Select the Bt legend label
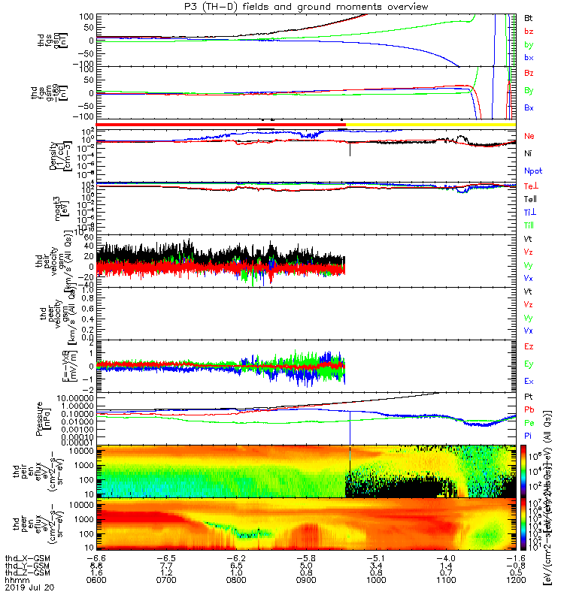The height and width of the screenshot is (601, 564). pyautogui.click(x=529, y=16)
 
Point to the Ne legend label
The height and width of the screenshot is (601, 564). pyautogui.click(x=529, y=136)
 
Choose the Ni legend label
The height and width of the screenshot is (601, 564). pyautogui.click(x=529, y=153)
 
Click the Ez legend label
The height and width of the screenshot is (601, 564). pyautogui.click(x=529, y=347)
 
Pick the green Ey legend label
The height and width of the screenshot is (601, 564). pyautogui.click(x=529, y=364)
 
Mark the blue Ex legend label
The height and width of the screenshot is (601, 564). pyautogui.click(x=529, y=382)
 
